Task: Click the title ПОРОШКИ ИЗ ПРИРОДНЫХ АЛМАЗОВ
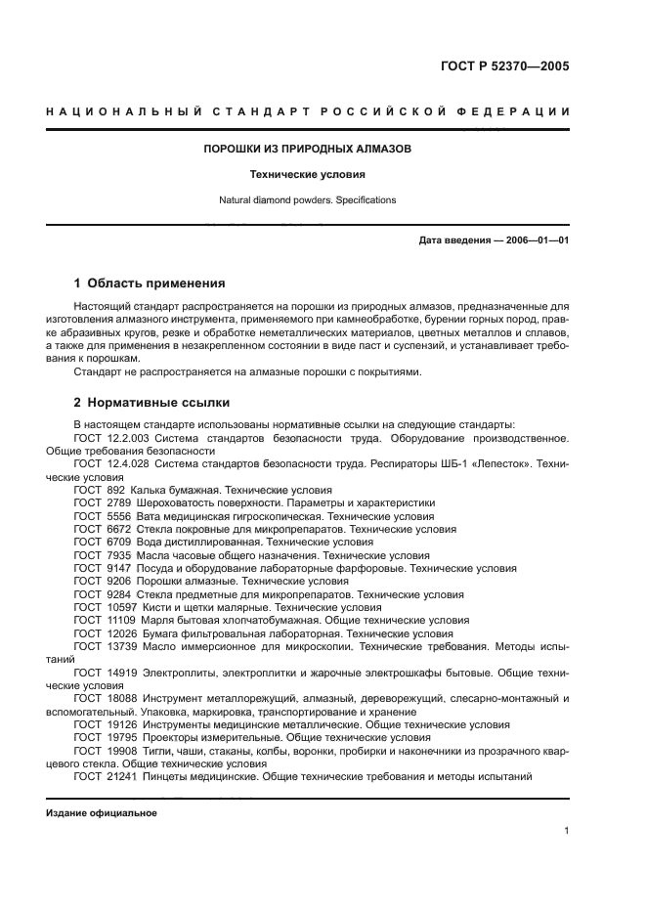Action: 308,150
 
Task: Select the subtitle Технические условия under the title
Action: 308,175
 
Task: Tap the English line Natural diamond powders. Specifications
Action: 308,199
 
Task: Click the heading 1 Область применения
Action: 150,283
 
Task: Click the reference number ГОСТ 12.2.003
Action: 107,439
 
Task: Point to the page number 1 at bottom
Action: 566,831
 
